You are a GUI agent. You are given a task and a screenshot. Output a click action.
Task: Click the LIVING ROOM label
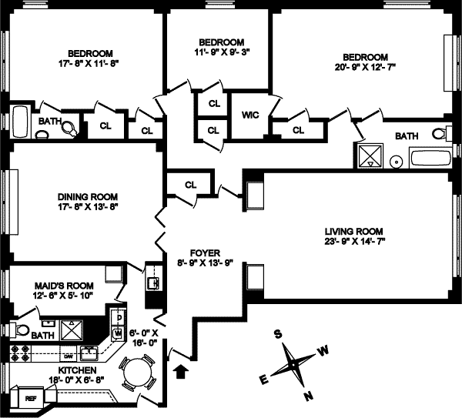[353, 231]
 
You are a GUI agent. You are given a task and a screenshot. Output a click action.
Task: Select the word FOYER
[205, 252]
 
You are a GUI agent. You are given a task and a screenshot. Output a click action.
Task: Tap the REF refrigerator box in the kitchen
[31, 399]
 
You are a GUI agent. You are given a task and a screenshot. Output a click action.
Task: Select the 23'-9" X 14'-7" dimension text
[353, 242]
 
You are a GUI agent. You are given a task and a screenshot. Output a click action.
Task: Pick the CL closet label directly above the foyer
[192, 184]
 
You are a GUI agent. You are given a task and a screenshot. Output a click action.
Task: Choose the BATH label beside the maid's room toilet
[44, 335]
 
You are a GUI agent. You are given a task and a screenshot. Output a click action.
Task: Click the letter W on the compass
[324, 350]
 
